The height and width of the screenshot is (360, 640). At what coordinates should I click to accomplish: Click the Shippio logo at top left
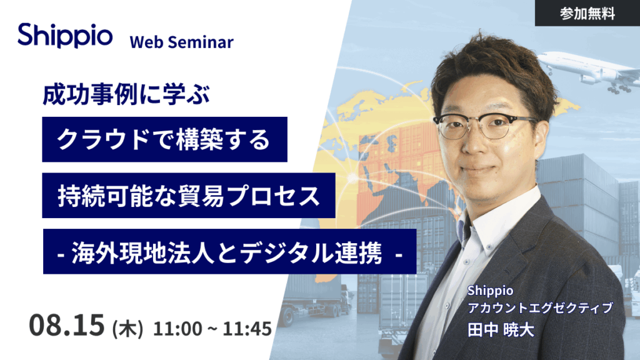coord(65,36)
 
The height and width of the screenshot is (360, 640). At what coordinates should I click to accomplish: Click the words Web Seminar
coord(182,42)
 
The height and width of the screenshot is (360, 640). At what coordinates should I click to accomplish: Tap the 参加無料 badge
coord(587,13)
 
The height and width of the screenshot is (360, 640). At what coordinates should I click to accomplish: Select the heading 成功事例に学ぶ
coord(126,94)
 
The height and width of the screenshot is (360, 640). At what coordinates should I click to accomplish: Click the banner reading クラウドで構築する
coord(164,139)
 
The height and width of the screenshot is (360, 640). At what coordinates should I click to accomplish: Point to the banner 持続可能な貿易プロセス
coord(189,196)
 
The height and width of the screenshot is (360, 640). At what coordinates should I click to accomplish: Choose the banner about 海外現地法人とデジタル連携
coord(230,251)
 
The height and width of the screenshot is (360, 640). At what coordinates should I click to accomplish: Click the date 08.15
coord(66,325)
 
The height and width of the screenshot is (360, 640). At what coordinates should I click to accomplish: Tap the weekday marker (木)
coord(127,328)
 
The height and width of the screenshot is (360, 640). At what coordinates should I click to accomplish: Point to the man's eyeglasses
coord(484,125)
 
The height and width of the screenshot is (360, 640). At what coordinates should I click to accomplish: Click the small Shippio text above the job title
coord(490,291)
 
